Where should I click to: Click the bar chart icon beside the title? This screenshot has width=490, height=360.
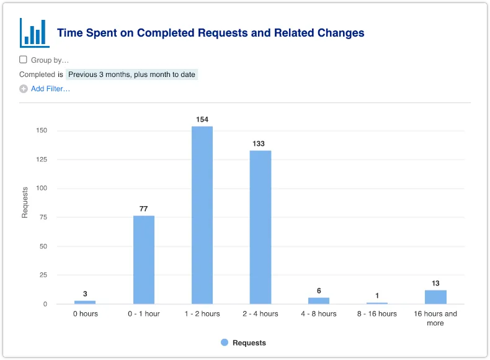34,32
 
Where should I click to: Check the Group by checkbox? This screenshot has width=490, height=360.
23,60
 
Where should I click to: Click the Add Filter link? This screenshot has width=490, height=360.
50,89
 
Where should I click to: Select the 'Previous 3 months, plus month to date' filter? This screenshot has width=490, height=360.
131,74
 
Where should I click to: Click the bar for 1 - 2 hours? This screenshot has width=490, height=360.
202,215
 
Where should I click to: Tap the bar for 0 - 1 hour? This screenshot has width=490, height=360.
144,259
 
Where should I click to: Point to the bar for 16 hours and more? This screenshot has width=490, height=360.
435,297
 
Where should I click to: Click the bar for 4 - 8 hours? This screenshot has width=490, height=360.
319,300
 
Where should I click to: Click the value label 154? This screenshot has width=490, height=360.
202,119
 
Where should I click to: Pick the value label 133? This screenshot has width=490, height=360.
259,143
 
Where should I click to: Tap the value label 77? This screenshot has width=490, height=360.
144,209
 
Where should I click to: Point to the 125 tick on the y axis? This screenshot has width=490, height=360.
42,160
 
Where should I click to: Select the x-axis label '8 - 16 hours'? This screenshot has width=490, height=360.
377,313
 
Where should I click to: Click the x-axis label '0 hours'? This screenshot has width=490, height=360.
85,313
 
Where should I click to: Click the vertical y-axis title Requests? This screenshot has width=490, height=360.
25,202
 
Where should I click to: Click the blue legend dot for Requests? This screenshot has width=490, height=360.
225,343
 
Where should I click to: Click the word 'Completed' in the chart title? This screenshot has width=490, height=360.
164,33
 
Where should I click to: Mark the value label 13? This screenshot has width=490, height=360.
435,283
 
